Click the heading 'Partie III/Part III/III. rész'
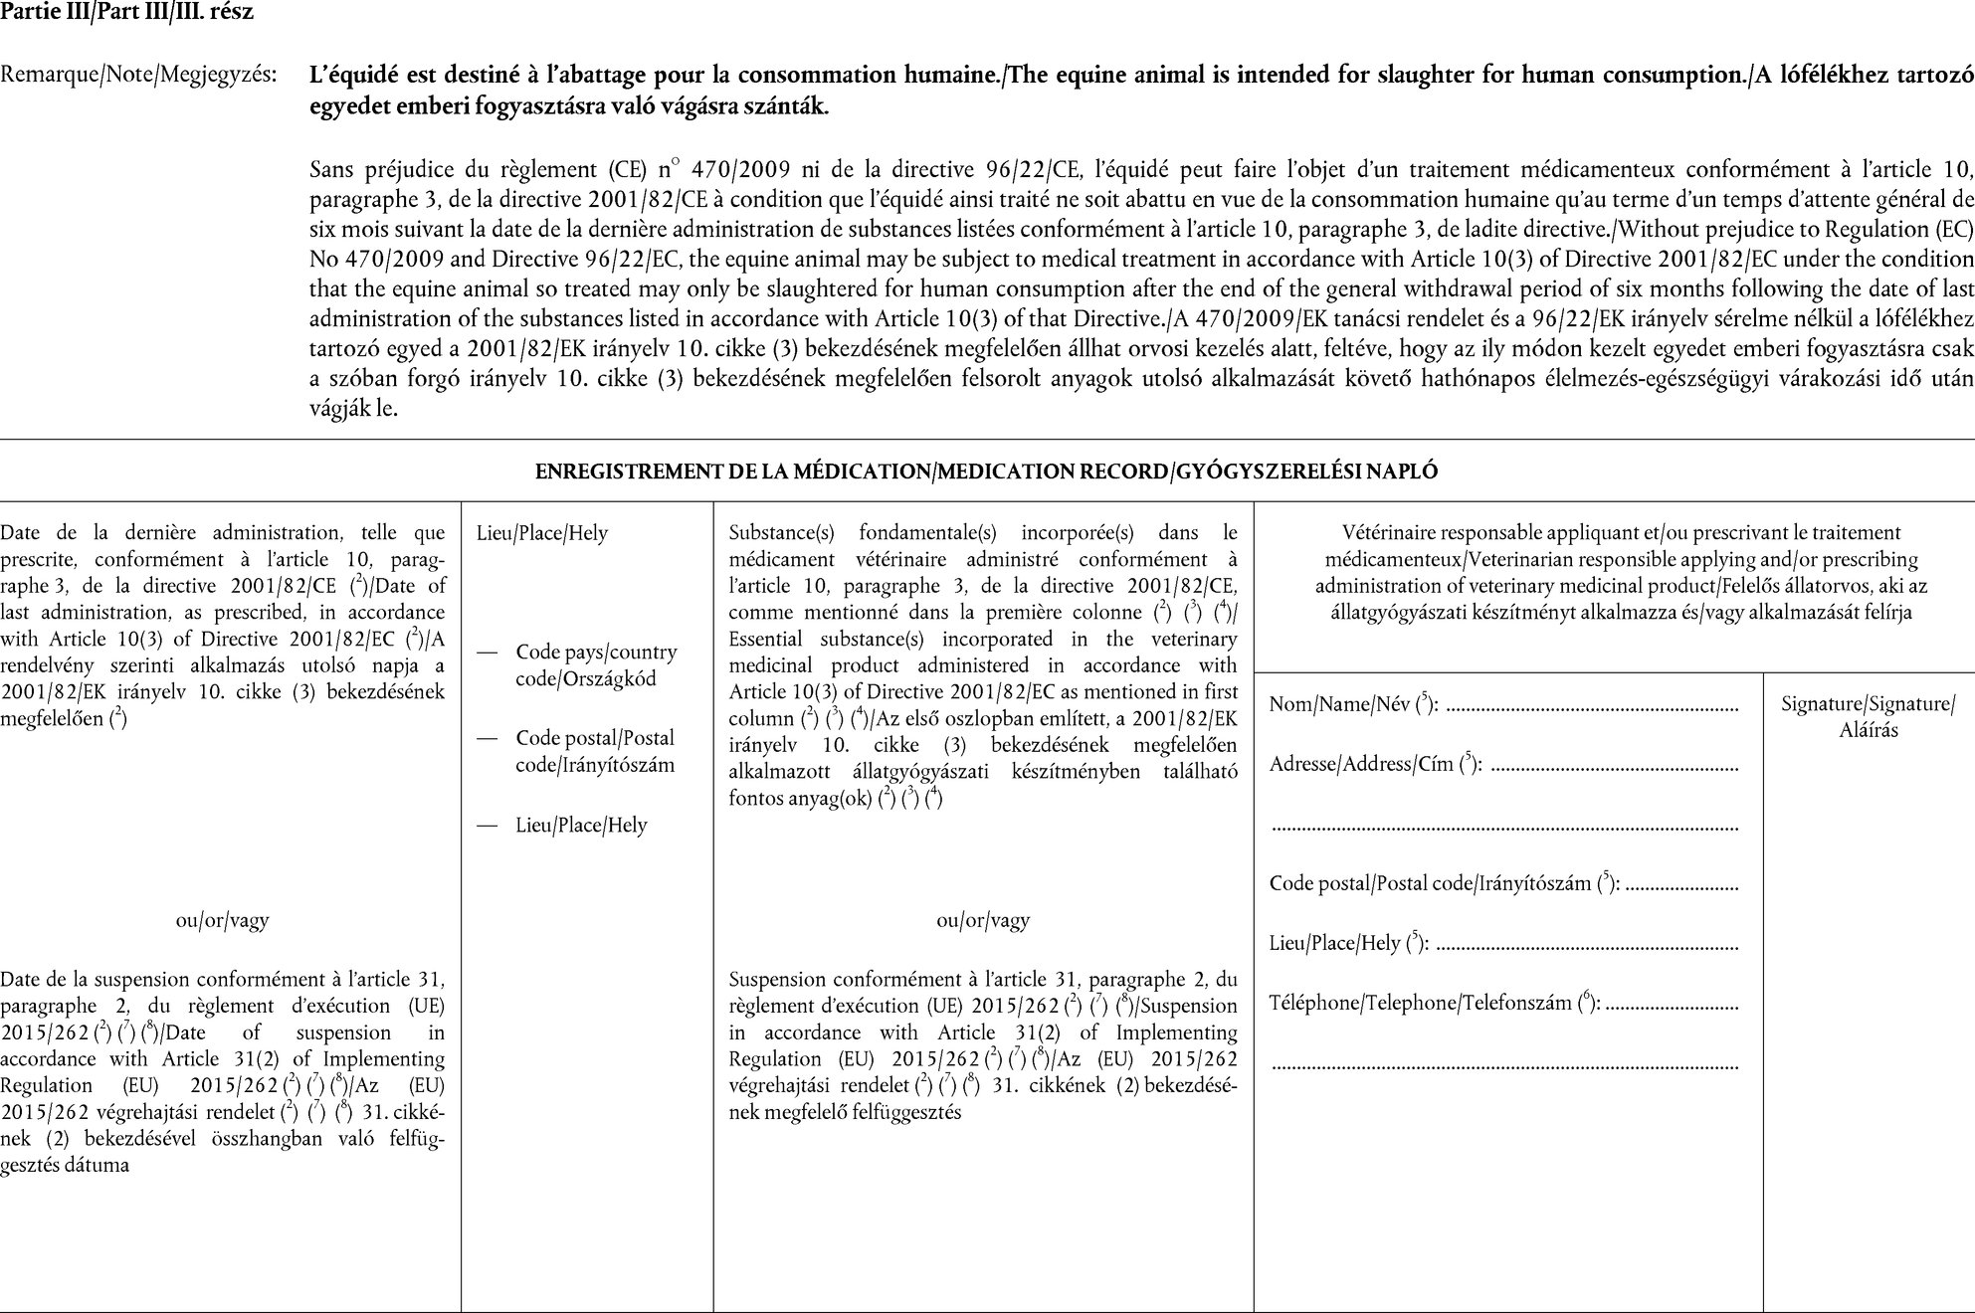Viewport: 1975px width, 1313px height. click(126, 13)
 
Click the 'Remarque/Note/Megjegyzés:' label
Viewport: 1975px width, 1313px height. click(138, 75)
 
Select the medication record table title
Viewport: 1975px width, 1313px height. click(986, 471)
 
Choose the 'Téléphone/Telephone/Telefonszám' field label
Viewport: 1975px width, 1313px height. click(1434, 1003)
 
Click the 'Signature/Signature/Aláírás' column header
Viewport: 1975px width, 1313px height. click(1868, 716)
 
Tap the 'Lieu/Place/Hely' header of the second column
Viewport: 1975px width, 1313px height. click(542, 533)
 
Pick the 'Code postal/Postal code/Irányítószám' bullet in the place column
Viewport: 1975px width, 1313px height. click(595, 751)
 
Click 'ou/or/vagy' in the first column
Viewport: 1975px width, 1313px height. click(222, 920)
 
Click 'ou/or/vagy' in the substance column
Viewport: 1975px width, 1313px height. click(983, 920)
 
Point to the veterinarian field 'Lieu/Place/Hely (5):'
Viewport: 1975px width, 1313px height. click(1349, 943)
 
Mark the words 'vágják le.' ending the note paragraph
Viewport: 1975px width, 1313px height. click(353, 408)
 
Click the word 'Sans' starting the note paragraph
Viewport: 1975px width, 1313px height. click(332, 169)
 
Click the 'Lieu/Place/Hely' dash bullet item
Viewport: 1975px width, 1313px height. click(581, 826)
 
